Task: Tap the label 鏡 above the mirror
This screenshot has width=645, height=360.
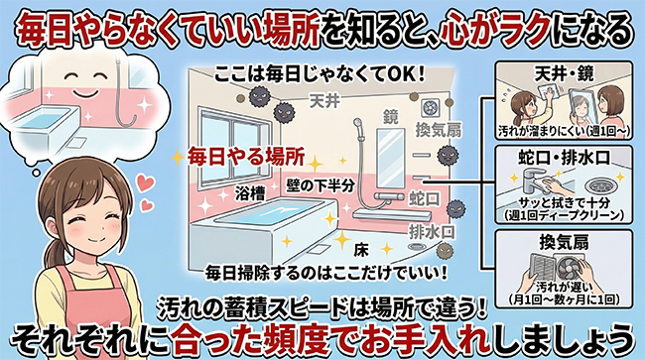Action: click(x=392, y=117)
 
